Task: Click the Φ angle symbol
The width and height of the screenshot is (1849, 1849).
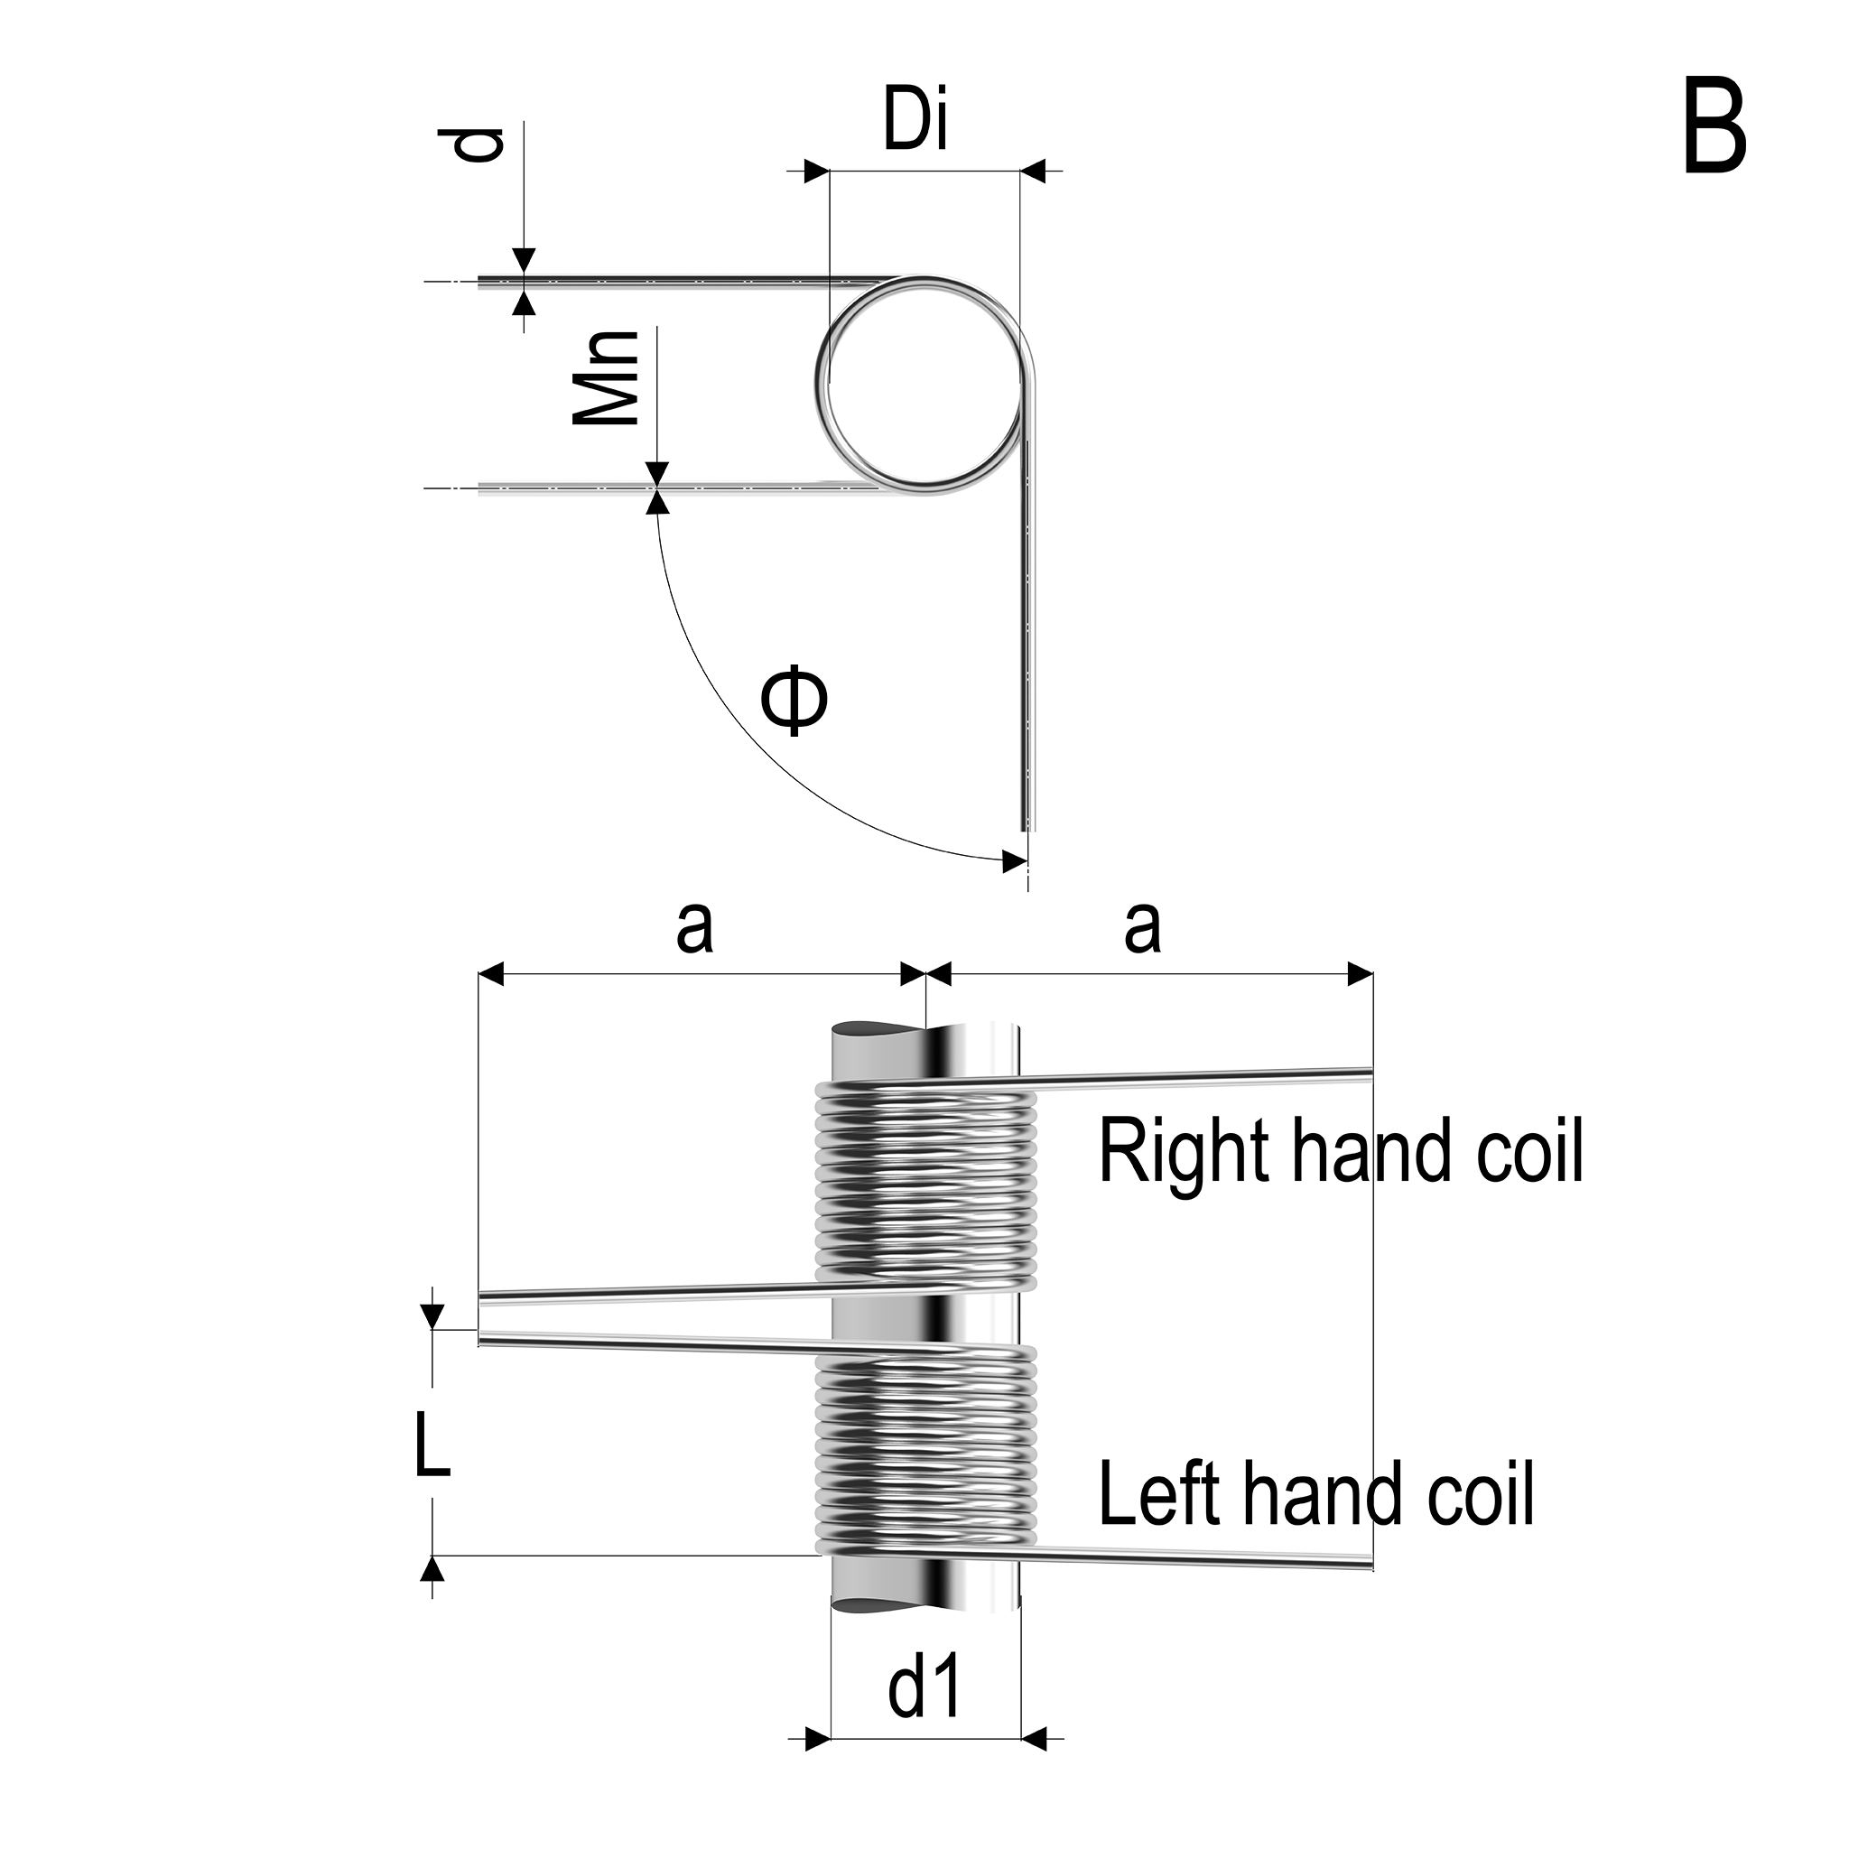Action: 794,702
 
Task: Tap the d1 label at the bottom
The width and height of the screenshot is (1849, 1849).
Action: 924,1687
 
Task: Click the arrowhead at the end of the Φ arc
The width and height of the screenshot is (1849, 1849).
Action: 1014,860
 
